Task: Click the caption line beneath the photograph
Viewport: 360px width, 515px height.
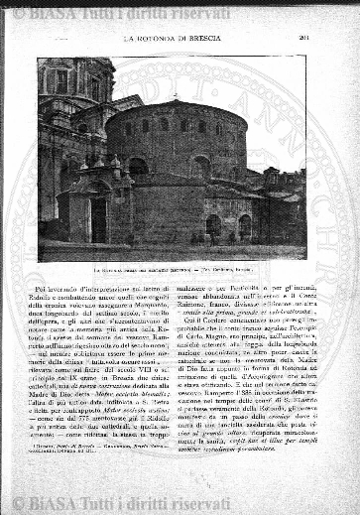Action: click(x=171, y=270)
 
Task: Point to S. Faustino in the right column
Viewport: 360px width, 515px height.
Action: click(x=284, y=399)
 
